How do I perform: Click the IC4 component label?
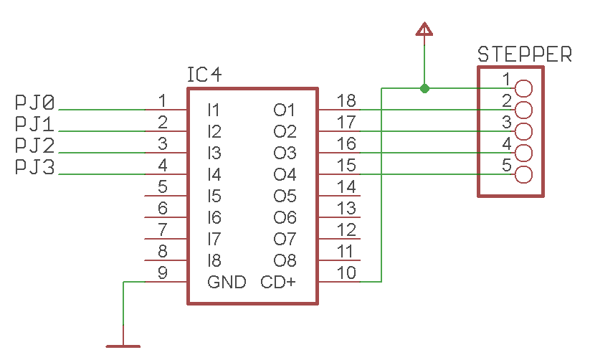click(204, 75)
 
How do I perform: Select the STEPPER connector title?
click(524, 55)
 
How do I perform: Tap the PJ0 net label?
click(34, 103)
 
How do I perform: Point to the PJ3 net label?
click(34, 167)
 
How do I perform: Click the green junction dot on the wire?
click(424, 88)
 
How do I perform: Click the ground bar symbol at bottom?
click(123, 346)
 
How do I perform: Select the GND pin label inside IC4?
click(227, 282)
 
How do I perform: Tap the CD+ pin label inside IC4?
click(277, 282)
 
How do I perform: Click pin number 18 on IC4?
click(346, 101)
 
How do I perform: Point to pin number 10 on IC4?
click(346, 273)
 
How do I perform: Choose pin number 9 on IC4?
click(163, 273)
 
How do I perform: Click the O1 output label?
click(285, 110)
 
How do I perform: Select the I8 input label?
click(214, 260)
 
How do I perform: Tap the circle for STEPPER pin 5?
click(524, 174)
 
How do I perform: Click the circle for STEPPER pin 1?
click(524, 88)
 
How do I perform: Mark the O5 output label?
click(285, 196)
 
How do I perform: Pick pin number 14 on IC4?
click(346, 187)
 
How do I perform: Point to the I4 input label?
click(214, 174)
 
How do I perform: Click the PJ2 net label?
click(34, 146)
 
